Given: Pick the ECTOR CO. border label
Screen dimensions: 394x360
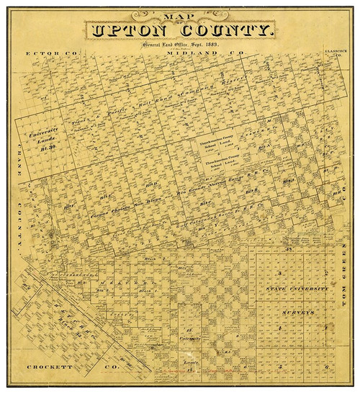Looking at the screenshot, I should pos(54,54).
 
